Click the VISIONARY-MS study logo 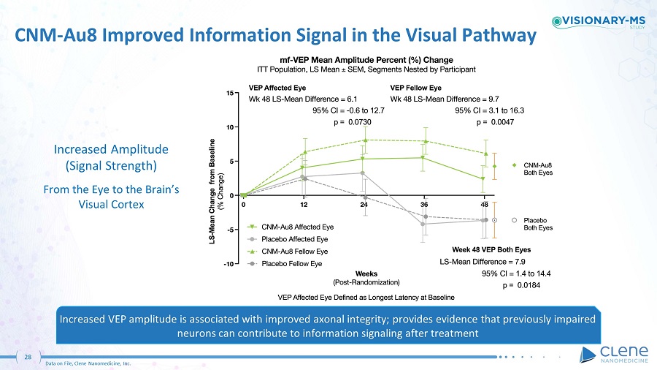click(599, 21)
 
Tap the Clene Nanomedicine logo click(614, 355)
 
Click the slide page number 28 click(28, 357)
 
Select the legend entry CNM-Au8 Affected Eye click(291, 227)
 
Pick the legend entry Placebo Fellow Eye click(285, 264)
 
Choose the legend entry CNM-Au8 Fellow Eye click(288, 252)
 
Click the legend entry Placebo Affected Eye click(288, 239)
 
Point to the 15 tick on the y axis click(230, 93)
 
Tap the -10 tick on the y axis click(228, 264)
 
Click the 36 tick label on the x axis click(424, 204)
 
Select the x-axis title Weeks click(366, 274)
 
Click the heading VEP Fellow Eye click(415, 88)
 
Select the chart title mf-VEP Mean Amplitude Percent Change click(366, 60)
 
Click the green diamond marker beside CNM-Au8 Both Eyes click(515, 165)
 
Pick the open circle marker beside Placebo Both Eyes click(515, 220)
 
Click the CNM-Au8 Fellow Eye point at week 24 click(365, 140)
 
